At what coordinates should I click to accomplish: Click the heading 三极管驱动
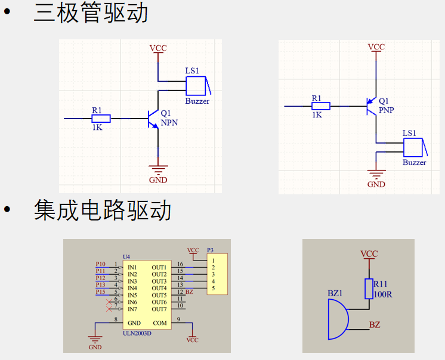coord(91,13)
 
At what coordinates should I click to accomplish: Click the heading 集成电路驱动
coord(103,210)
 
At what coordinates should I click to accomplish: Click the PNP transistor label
coord(386,110)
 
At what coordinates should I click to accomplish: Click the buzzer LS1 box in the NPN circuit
coord(196,86)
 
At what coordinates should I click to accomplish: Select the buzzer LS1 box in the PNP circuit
coord(413,148)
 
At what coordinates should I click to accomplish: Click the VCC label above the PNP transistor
coord(376,47)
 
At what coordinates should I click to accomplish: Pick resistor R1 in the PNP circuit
coord(320,106)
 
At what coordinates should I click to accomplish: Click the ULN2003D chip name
coord(138,333)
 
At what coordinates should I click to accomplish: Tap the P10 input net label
coord(100,264)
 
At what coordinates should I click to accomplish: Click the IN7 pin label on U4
coord(132,309)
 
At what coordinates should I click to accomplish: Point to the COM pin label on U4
coord(160,323)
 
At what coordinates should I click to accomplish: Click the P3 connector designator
coord(210,250)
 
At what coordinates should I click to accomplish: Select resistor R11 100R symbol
coord(369,289)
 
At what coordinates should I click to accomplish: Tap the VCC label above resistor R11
coord(369,254)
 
